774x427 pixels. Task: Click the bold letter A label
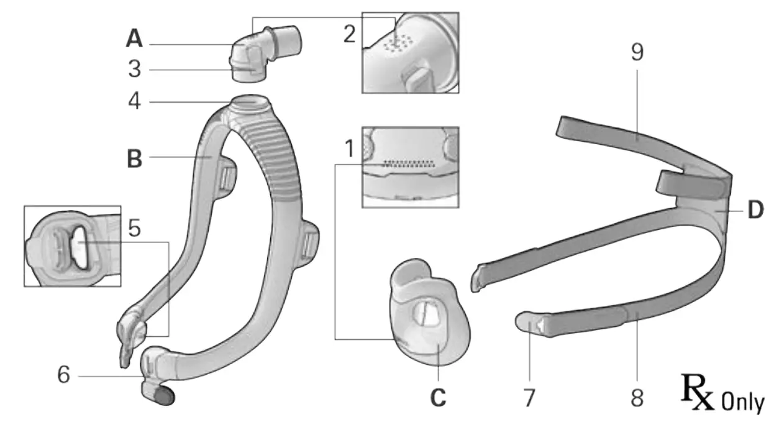click(x=135, y=39)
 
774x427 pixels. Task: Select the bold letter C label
click(x=439, y=397)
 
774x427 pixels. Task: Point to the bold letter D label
click(x=755, y=211)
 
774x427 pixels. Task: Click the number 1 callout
click(x=349, y=149)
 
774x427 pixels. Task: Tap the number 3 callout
click(x=135, y=69)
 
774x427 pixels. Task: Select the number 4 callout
click(x=135, y=101)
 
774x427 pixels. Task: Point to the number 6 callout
click(x=65, y=375)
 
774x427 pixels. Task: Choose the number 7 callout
click(x=529, y=398)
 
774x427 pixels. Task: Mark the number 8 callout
click(x=637, y=398)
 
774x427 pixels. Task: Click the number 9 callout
click(x=637, y=53)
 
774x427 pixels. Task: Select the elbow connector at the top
click(x=267, y=53)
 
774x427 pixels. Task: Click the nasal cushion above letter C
click(x=426, y=317)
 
